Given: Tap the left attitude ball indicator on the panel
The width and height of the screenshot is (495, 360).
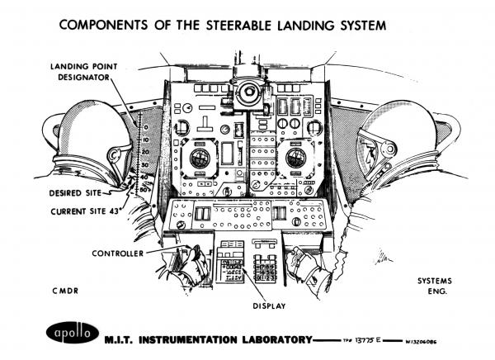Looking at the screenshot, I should (200, 159).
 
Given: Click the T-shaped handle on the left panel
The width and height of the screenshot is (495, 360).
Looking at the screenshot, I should (183, 126).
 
